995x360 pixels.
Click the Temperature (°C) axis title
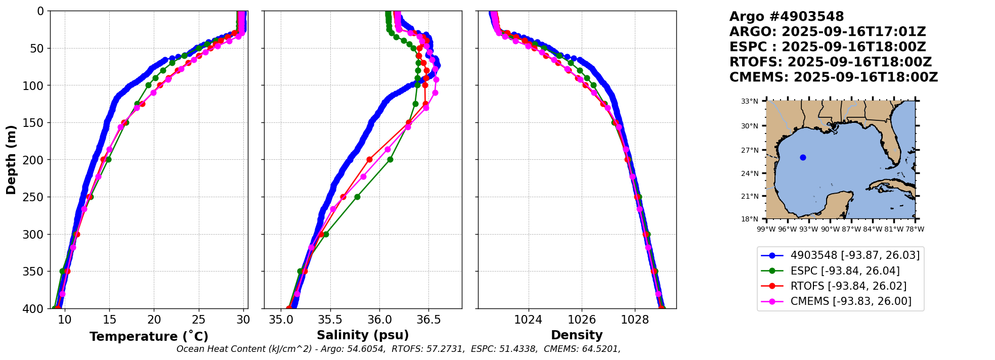149,336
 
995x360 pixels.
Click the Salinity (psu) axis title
363,335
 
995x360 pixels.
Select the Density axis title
577,335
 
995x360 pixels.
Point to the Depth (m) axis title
11,160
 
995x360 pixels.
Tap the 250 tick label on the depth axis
35,197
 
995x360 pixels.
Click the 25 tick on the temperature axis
199,320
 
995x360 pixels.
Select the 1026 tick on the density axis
582,320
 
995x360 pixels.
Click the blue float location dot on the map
803,157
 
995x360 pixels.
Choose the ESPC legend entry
845,271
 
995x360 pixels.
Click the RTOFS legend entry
848,286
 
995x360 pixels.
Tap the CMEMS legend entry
851,301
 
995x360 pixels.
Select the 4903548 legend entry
855,255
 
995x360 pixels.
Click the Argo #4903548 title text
787,17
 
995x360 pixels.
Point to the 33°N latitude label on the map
750,102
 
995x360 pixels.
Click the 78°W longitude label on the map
915,229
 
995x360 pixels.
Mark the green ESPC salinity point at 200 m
390,159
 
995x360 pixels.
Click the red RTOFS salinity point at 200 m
369,159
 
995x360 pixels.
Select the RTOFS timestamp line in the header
830,62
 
